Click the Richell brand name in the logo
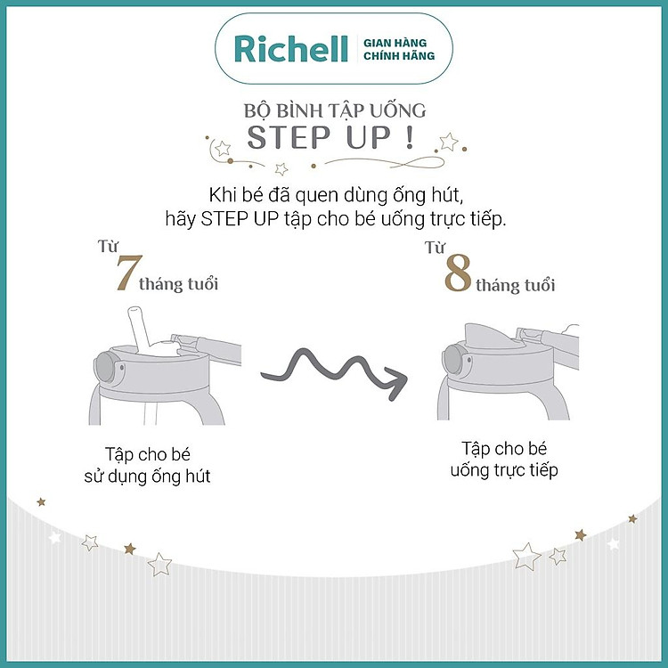coord(290,49)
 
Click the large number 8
coord(457,276)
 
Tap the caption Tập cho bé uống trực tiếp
coord(509,459)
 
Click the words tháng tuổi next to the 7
coord(178,284)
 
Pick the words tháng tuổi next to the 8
coord(515,285)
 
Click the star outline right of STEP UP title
coord(449,142)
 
